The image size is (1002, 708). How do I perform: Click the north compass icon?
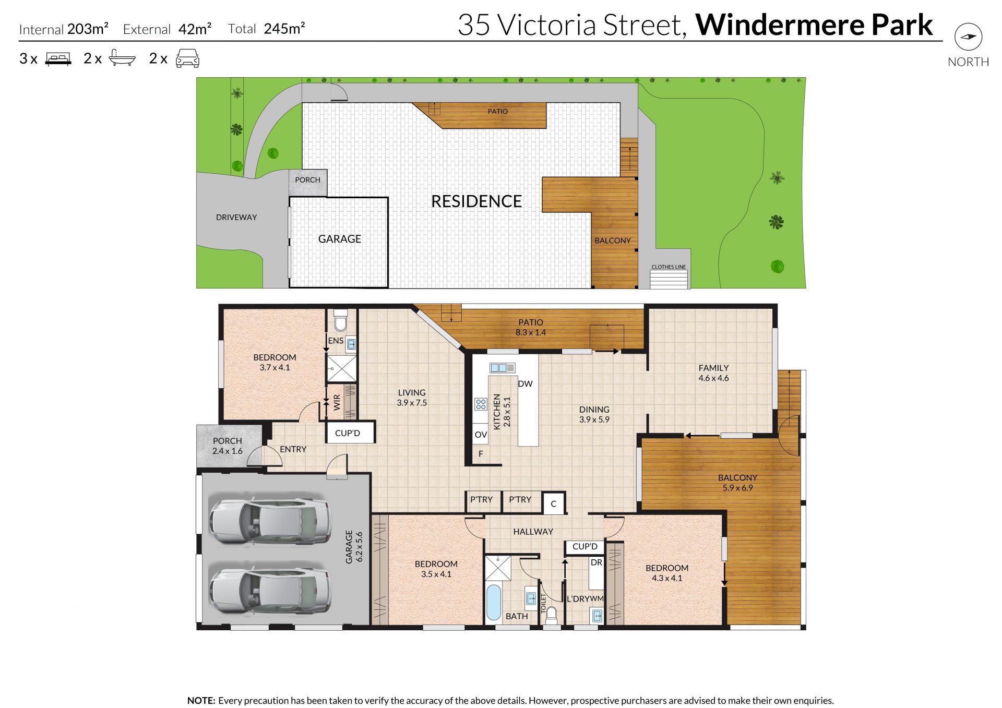[968, 37]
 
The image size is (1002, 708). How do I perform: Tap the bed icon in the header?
[58, 59]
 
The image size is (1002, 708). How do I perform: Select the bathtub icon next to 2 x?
[122, 58]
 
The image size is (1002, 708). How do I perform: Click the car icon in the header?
[187, 58]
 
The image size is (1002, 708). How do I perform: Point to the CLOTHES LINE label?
[669, 267]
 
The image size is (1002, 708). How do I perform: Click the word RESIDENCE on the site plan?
[476, 201]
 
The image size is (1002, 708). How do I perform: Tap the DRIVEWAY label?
[236, 217]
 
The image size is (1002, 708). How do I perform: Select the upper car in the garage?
[270, 521]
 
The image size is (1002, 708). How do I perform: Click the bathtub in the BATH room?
[494, 602]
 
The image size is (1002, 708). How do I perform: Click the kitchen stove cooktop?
[481, 404]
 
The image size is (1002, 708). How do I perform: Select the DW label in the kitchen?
[525, 384]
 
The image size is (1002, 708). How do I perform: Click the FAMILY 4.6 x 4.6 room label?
[713, 373]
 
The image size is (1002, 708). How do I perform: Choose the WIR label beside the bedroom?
[337, 402]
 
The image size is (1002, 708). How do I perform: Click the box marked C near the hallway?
[554, 503]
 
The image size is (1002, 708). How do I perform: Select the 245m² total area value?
[284, 28]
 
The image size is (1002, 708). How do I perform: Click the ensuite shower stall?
[342, 368]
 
